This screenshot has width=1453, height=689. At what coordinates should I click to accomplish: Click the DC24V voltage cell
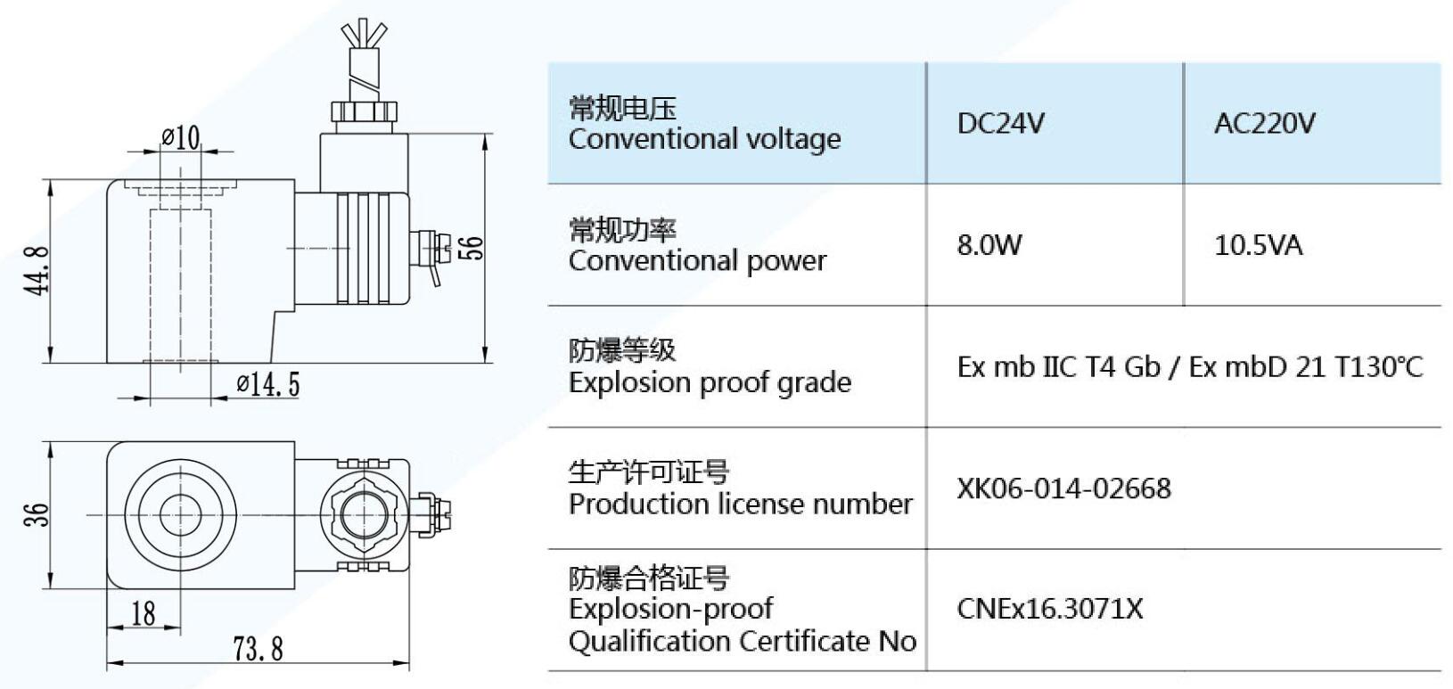1000,123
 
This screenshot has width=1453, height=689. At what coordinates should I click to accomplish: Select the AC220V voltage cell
1264,123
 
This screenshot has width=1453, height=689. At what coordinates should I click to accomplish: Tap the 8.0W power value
989,244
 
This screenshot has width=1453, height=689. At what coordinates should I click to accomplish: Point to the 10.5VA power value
1258,244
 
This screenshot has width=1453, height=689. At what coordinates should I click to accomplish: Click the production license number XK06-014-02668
1063,488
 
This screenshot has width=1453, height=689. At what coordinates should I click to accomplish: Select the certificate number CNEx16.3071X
1049,609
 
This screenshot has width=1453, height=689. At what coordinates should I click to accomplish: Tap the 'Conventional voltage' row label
704,139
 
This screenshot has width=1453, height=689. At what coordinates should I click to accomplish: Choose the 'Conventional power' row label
697,261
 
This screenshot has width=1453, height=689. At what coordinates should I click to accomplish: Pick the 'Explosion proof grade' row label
710,382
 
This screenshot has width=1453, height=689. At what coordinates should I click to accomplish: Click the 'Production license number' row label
740,504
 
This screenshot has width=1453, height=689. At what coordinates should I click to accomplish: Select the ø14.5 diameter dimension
268,385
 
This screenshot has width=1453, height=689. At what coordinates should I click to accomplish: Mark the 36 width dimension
37,514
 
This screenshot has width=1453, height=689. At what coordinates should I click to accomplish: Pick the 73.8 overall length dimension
259,649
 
